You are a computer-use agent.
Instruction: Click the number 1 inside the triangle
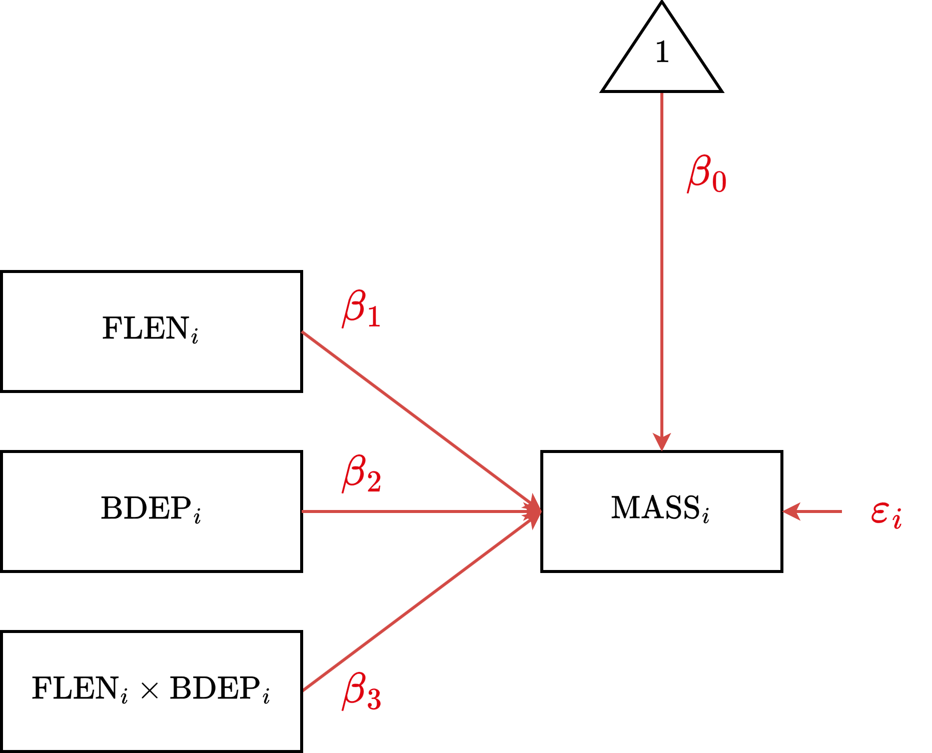coord(662,52)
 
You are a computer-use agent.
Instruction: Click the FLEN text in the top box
coord(145,328)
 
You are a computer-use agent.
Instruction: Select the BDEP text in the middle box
coord(146,508)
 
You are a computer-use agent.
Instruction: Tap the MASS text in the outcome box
coord(655,508)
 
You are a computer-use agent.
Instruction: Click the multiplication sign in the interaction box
coord(150,690)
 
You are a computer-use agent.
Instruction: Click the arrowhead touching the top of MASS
coord(662,442)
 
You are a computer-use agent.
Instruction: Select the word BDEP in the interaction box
coord(215,688)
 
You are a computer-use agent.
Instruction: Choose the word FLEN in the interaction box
coord(75,688)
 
